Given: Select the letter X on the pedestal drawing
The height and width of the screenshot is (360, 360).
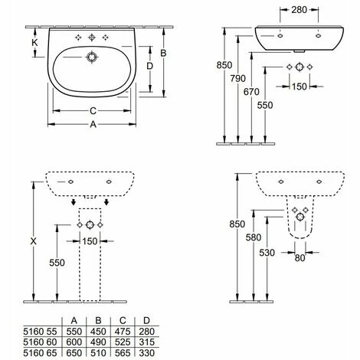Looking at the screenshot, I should click(31, 240).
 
